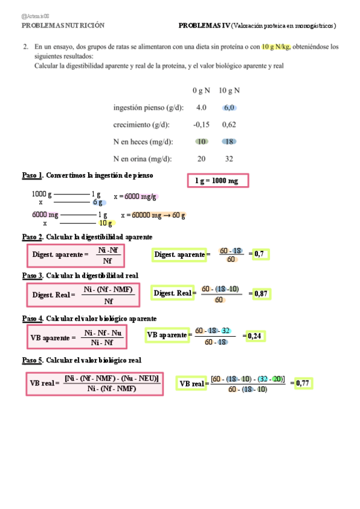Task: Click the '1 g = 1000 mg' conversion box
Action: pos(217,181)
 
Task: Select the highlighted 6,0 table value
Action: pos(229,108)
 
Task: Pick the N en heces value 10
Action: pos(202,142)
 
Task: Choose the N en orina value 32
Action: pos(229,159)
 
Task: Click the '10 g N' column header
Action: pos(229,91)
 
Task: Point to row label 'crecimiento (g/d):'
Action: pos(141,125)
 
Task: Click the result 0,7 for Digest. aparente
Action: pos(259,254)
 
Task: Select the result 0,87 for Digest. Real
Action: pos(260,294)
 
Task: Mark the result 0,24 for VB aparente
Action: pos(255,336)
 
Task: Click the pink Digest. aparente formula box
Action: pos(76,255)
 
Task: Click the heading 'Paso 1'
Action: pos(32,175)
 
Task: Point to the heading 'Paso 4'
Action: pos(32,318)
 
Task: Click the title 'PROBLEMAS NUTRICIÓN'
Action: pos(63,26)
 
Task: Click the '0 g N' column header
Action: pos(202,91)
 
